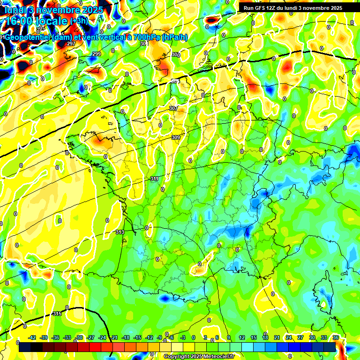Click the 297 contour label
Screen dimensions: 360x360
(71, 44)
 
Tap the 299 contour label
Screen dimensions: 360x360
(96, 54)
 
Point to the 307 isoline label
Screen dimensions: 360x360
(173, 108)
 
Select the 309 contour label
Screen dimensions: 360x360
(176, 137)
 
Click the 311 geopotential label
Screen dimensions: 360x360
(155, 179)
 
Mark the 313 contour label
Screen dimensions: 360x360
(120, 232)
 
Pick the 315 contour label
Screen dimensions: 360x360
(57, 314)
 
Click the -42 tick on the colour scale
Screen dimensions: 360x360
(32, 337)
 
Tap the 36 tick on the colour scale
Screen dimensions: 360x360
(335, 337)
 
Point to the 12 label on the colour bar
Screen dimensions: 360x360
(242, 337)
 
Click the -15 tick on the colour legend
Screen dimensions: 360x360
(137, 337)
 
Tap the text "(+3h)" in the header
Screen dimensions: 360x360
(79, 21)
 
